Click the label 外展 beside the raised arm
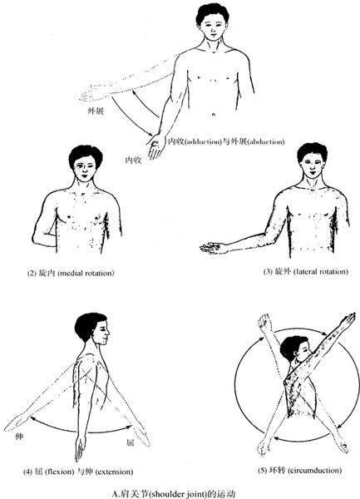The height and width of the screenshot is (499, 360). pos(96,111)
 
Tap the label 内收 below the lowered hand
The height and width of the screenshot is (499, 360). pos(133,160)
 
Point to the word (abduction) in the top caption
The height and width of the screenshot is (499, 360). pos(265,142)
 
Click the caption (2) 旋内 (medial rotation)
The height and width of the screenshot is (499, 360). pos(71,273)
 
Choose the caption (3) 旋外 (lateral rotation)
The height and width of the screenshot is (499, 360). pos(306,271)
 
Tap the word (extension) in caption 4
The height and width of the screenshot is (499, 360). pos(114,472)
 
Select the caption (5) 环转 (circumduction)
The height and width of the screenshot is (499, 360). pos(299,470)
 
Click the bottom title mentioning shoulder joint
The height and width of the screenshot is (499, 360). pos(174,494)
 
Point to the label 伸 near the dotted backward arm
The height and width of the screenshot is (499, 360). pos(19,437)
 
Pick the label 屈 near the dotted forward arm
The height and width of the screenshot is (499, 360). pos(130,442)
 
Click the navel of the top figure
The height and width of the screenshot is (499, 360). pos(214,114)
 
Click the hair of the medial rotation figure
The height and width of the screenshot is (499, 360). pos(86,155)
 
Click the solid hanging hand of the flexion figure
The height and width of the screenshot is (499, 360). pos(80,447)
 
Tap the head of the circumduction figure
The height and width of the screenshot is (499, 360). pos(294,348)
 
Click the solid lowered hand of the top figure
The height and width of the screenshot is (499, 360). pos(155,146)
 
